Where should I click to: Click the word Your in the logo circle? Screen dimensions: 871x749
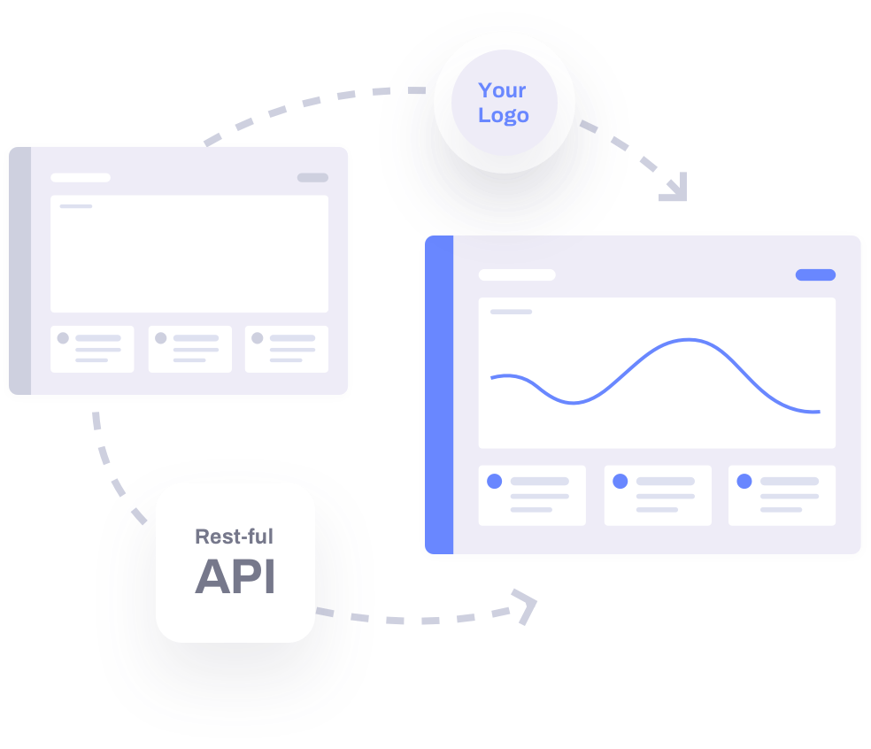coord(502,90)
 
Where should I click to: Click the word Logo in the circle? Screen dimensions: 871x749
coord(504,116)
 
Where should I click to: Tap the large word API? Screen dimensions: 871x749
coord(235,576)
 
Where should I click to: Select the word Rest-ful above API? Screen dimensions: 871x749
coord(234,537)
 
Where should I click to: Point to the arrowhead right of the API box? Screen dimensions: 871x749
coord(526,606)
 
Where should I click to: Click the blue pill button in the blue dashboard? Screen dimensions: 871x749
coord(815,275)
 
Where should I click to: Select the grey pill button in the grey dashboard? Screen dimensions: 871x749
coord(312,178)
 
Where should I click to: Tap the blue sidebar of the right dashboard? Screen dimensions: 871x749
coord(439,395)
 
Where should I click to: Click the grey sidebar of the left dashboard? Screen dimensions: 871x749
coord(20,271)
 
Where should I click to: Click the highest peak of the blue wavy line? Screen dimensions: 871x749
coord(689,339)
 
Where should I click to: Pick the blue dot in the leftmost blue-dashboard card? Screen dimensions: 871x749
coord(495,481)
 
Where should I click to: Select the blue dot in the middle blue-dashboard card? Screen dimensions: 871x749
coord(620,481)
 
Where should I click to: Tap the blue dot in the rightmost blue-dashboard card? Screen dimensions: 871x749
coord(744,481)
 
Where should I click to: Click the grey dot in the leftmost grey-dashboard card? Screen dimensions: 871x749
coord(63,338)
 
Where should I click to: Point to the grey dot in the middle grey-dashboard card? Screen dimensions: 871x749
coord(160,338)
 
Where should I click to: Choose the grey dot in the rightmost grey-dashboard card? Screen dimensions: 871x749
coord(258,338)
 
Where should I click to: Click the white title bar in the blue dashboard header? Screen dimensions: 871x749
coord(517,275)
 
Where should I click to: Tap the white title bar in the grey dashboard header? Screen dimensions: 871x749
coord(81,178)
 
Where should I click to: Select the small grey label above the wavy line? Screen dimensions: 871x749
coord(511,312)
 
